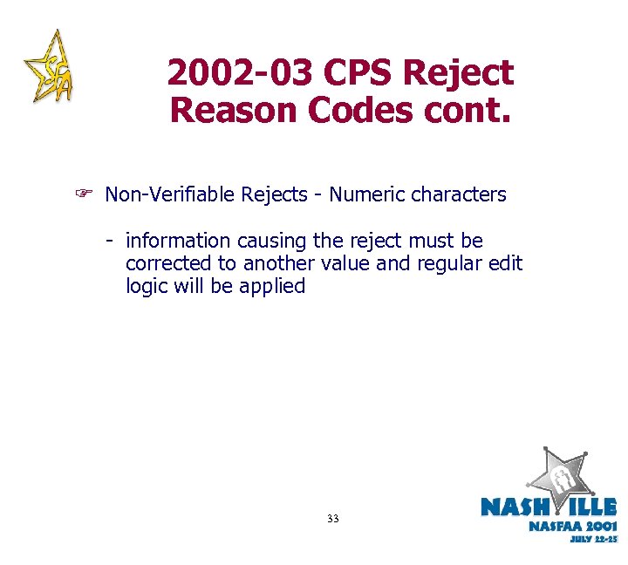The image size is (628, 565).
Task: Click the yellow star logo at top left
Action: point(50,67)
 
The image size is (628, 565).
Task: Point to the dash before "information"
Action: point(110,240)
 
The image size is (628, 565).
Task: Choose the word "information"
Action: point(178,240)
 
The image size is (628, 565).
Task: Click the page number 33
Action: point(332,519)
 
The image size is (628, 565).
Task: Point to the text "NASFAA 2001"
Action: point(572,526)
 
